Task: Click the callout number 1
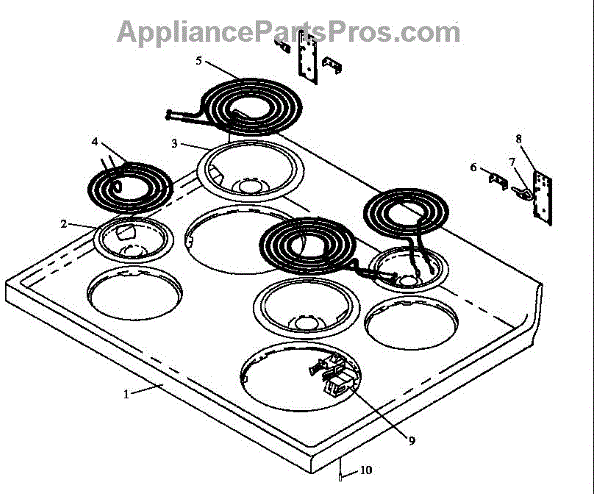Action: coord(126,393)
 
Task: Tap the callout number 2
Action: coord(63,225)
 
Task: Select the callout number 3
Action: coord(174,143)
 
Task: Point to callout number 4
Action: coord(94,142)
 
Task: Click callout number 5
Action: coord(199,61)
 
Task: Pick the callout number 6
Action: coord(474,167)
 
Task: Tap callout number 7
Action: coord(511,161)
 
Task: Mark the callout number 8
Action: coord(518,138)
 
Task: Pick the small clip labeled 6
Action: coord(495,180)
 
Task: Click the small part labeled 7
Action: coord(521,189)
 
